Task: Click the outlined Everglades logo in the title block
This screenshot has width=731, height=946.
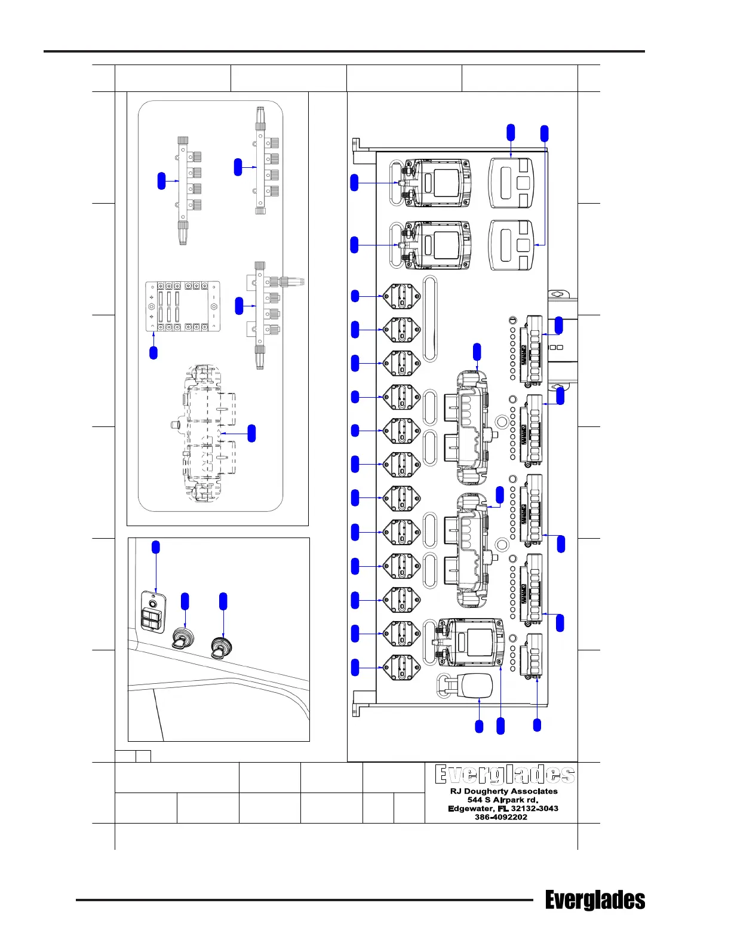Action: click(504, 774)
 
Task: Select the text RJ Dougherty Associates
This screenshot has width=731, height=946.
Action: click(503, 791)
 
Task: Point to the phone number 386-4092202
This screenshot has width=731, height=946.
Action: click(500, 817)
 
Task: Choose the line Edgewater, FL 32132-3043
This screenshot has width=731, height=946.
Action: click(503, 809)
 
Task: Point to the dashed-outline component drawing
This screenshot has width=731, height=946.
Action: click(206, 432)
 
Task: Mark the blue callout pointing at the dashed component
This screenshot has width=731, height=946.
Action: click(251, 433)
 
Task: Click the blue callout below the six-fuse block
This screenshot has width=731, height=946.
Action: click(153, 352)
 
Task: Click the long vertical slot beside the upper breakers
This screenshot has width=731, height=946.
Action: click(429, 318)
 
